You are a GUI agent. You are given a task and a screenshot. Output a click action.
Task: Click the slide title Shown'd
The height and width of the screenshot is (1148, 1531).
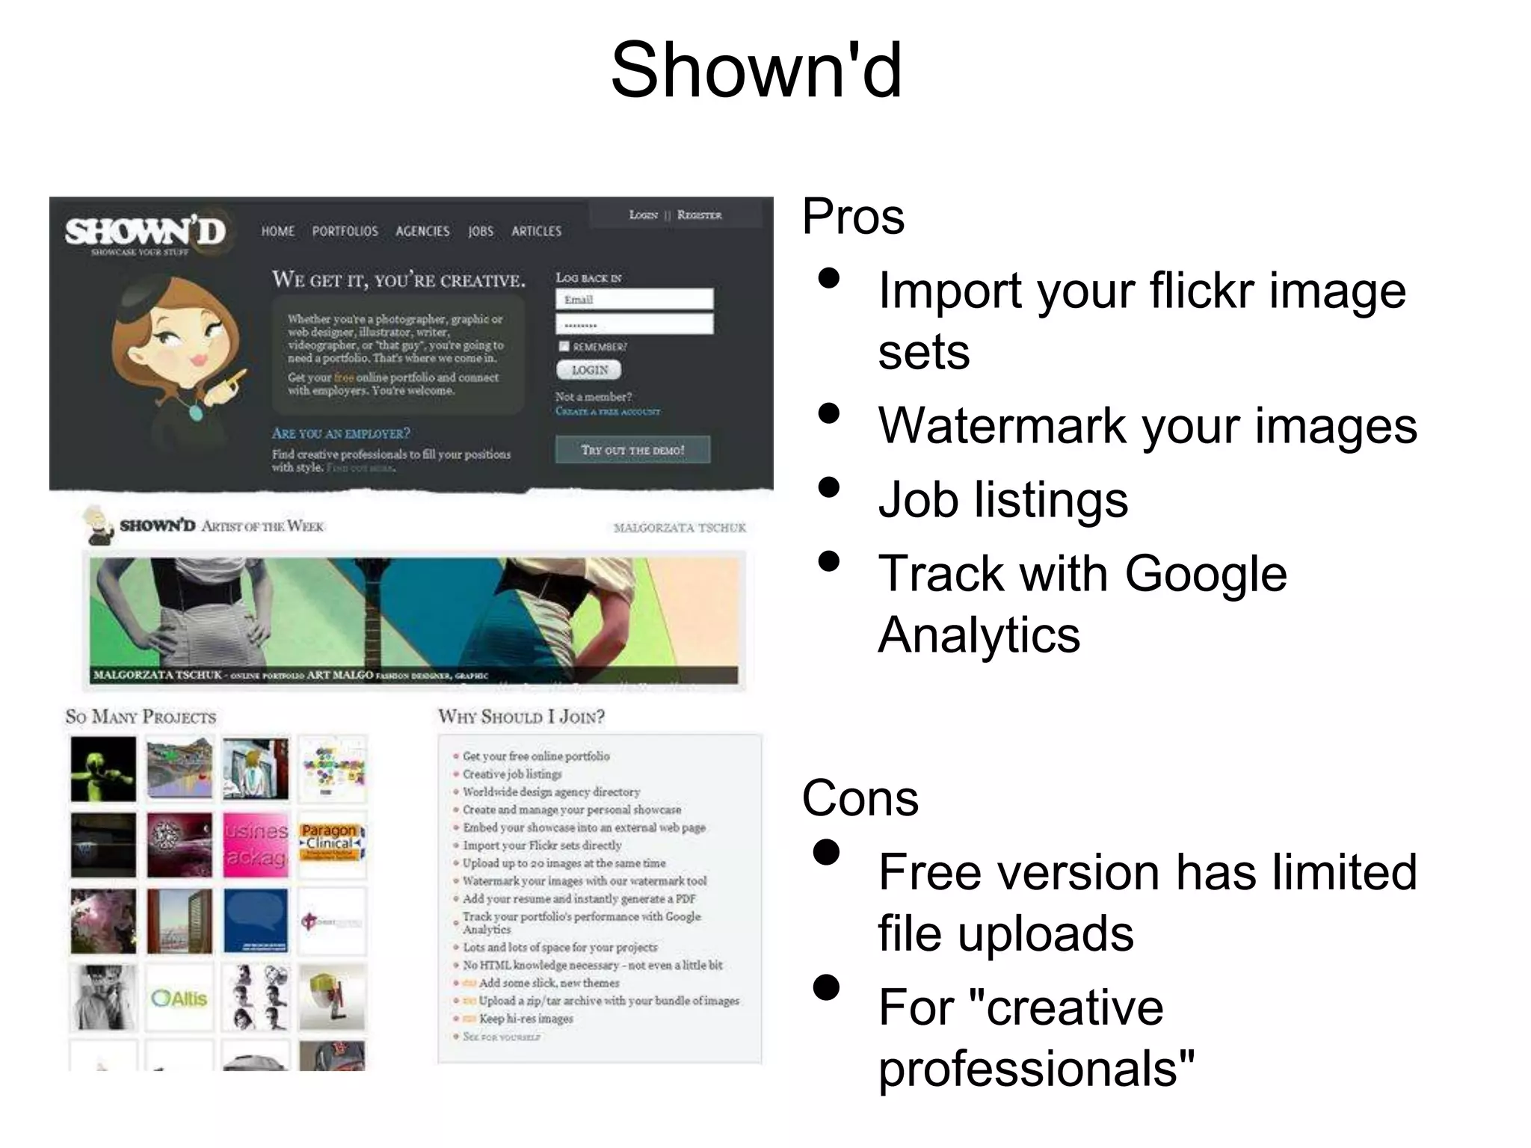click(x=757, y=71)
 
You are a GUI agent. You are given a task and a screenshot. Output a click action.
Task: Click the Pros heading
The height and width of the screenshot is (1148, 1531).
click(x=853, y=217)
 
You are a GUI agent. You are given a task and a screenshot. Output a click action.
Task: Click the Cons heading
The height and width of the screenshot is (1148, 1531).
click(x=860, y=798)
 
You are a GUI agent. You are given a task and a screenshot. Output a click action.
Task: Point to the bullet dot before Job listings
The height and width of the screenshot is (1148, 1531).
click(x=828, y=487)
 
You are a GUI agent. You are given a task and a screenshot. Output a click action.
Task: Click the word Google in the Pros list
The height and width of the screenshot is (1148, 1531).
click(x=1205, y=574)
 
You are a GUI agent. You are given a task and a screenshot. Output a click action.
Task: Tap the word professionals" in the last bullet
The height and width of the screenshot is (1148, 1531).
click(x=1036, y=1068)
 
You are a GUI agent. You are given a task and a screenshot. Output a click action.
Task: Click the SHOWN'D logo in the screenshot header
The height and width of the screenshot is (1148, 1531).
click(x=146, y=232)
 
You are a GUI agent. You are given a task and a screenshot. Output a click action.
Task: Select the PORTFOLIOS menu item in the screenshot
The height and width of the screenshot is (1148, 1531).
click(x=345, y=232)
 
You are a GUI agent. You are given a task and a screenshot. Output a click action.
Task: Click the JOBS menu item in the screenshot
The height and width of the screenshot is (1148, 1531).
click(x=481, y=232)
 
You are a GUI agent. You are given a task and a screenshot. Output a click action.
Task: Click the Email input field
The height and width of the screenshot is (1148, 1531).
click(x=634, y=300)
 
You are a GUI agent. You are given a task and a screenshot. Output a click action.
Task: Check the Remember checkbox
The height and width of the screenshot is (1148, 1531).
click(x=564, y=346)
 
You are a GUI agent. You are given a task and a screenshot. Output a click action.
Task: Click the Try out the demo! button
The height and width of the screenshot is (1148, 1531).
click(x=632, y=450)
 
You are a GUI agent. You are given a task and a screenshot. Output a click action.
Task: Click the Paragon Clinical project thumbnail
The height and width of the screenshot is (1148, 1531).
click(x=331, y=844)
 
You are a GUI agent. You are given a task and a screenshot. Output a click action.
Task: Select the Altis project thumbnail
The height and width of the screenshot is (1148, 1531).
click(x=179, y=998)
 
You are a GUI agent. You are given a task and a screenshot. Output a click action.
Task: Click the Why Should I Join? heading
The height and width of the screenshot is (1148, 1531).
click(x=521, y=717)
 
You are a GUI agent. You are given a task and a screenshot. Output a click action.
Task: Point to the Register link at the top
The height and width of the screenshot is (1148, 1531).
click(x=699, y=215)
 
